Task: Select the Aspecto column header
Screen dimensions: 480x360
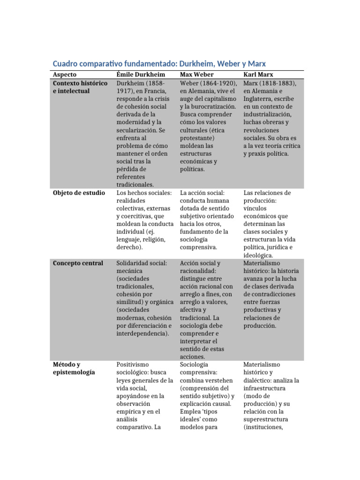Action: click(x=65, y=75)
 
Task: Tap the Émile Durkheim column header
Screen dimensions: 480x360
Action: click(x=141, y=75)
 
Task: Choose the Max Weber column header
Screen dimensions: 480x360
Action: click(x=197, y=75)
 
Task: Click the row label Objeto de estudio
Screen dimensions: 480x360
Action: click(x=79, y=193)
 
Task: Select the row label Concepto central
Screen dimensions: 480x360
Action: click(x=78, y=263)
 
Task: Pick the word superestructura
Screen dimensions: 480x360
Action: click(x=266, y=419)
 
